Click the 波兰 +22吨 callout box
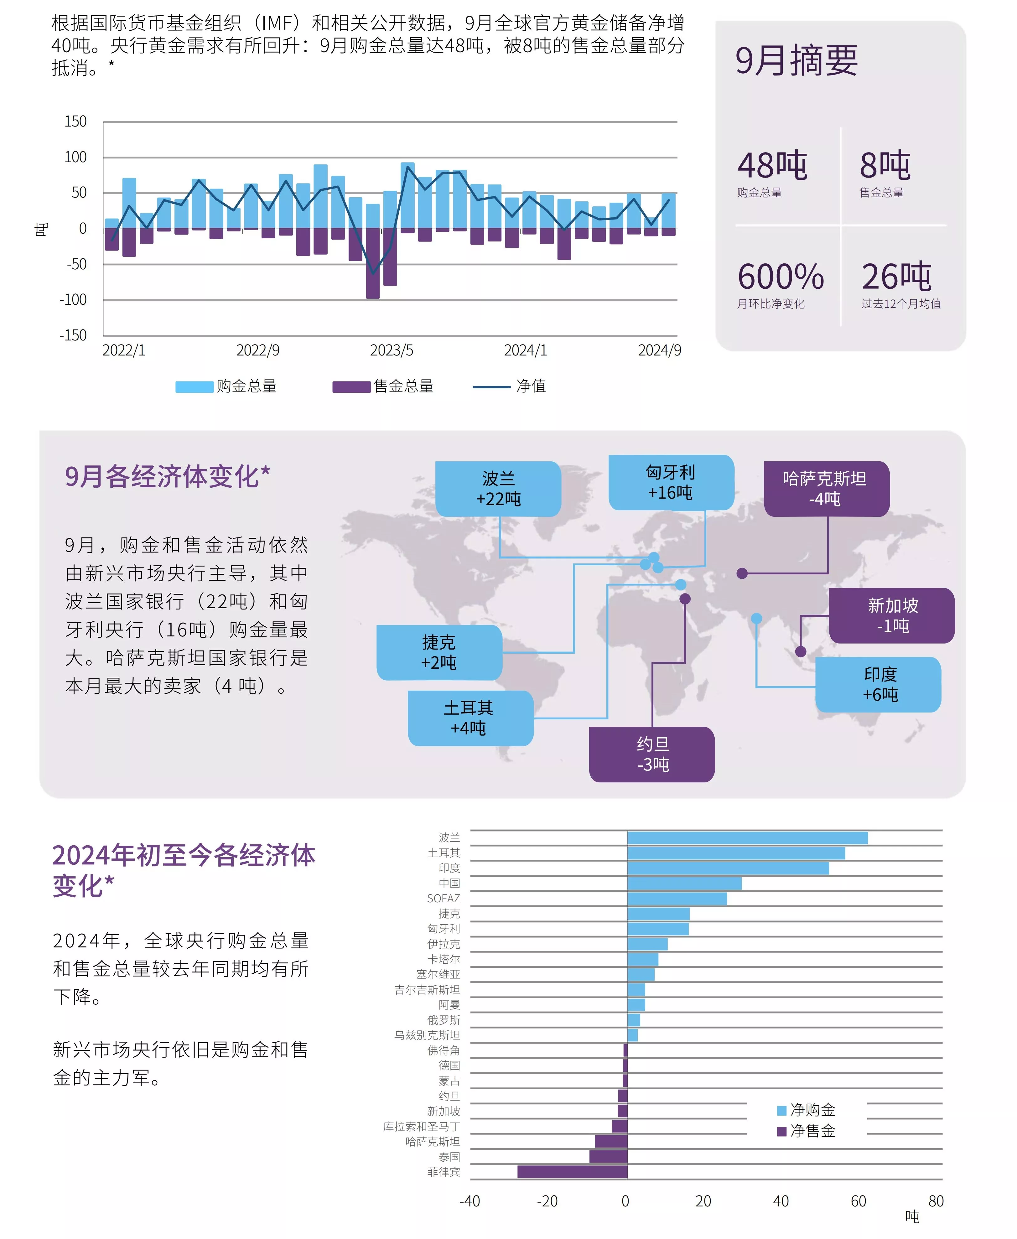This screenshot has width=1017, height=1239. click(498, 489)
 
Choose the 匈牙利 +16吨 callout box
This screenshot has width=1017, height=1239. click(671, 482)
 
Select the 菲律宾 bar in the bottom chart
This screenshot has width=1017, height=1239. click(572, 1172)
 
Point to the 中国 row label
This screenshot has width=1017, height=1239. click(449, 883)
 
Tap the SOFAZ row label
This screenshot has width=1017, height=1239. click(444, 898)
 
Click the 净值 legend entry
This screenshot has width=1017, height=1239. click(510, 386)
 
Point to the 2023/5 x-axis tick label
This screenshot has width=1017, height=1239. click(391, 350)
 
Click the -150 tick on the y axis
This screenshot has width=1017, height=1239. click(73, 335)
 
